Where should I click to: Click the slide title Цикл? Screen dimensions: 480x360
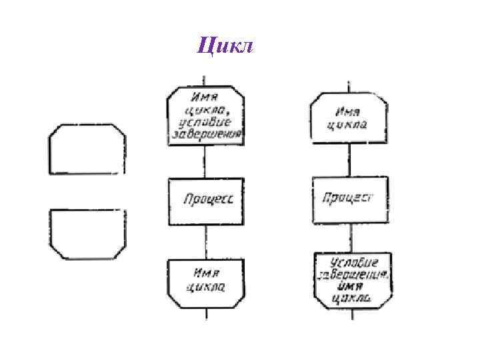[x=226, y=46]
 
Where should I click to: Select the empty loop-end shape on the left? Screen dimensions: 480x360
[x=86, y=233]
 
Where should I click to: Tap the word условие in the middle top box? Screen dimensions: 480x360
[x=205, y=123]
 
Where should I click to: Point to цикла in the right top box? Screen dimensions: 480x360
[x=348, y=124]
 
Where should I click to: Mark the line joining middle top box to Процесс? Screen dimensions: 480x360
[x=205, y=160]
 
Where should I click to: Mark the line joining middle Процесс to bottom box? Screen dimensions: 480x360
[x=205, y=242]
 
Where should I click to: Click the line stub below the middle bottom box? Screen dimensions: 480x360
[x=205, y=313]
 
